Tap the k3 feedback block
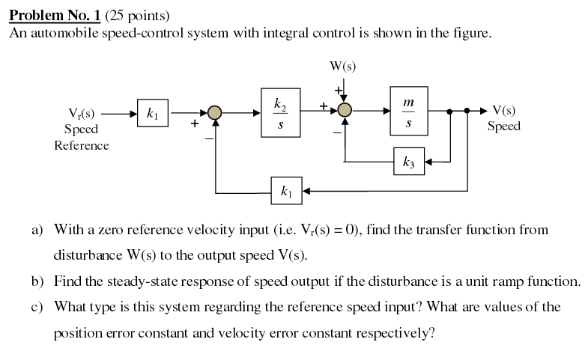pyautogui.click(x=408, y=161)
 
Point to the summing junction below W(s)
pyautogui.click(x=344, y=111)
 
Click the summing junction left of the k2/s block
pyautogui.click(x=215, y=113)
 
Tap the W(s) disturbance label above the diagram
pyautogui.click(x=343, y=65)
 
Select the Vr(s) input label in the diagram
pyautogui.click(x=82, y=115)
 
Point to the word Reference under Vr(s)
pyautogui.click(x=82, y=145)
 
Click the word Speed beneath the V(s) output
pyautogui.click(x=503, y=126)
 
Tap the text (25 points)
pyautogui.click(x=136, y=15)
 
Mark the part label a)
pyautogui.click(x=37, y=230)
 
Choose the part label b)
pyautogui.click(x=37, y=282)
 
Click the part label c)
pyautogui.click(x=37, y=308)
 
